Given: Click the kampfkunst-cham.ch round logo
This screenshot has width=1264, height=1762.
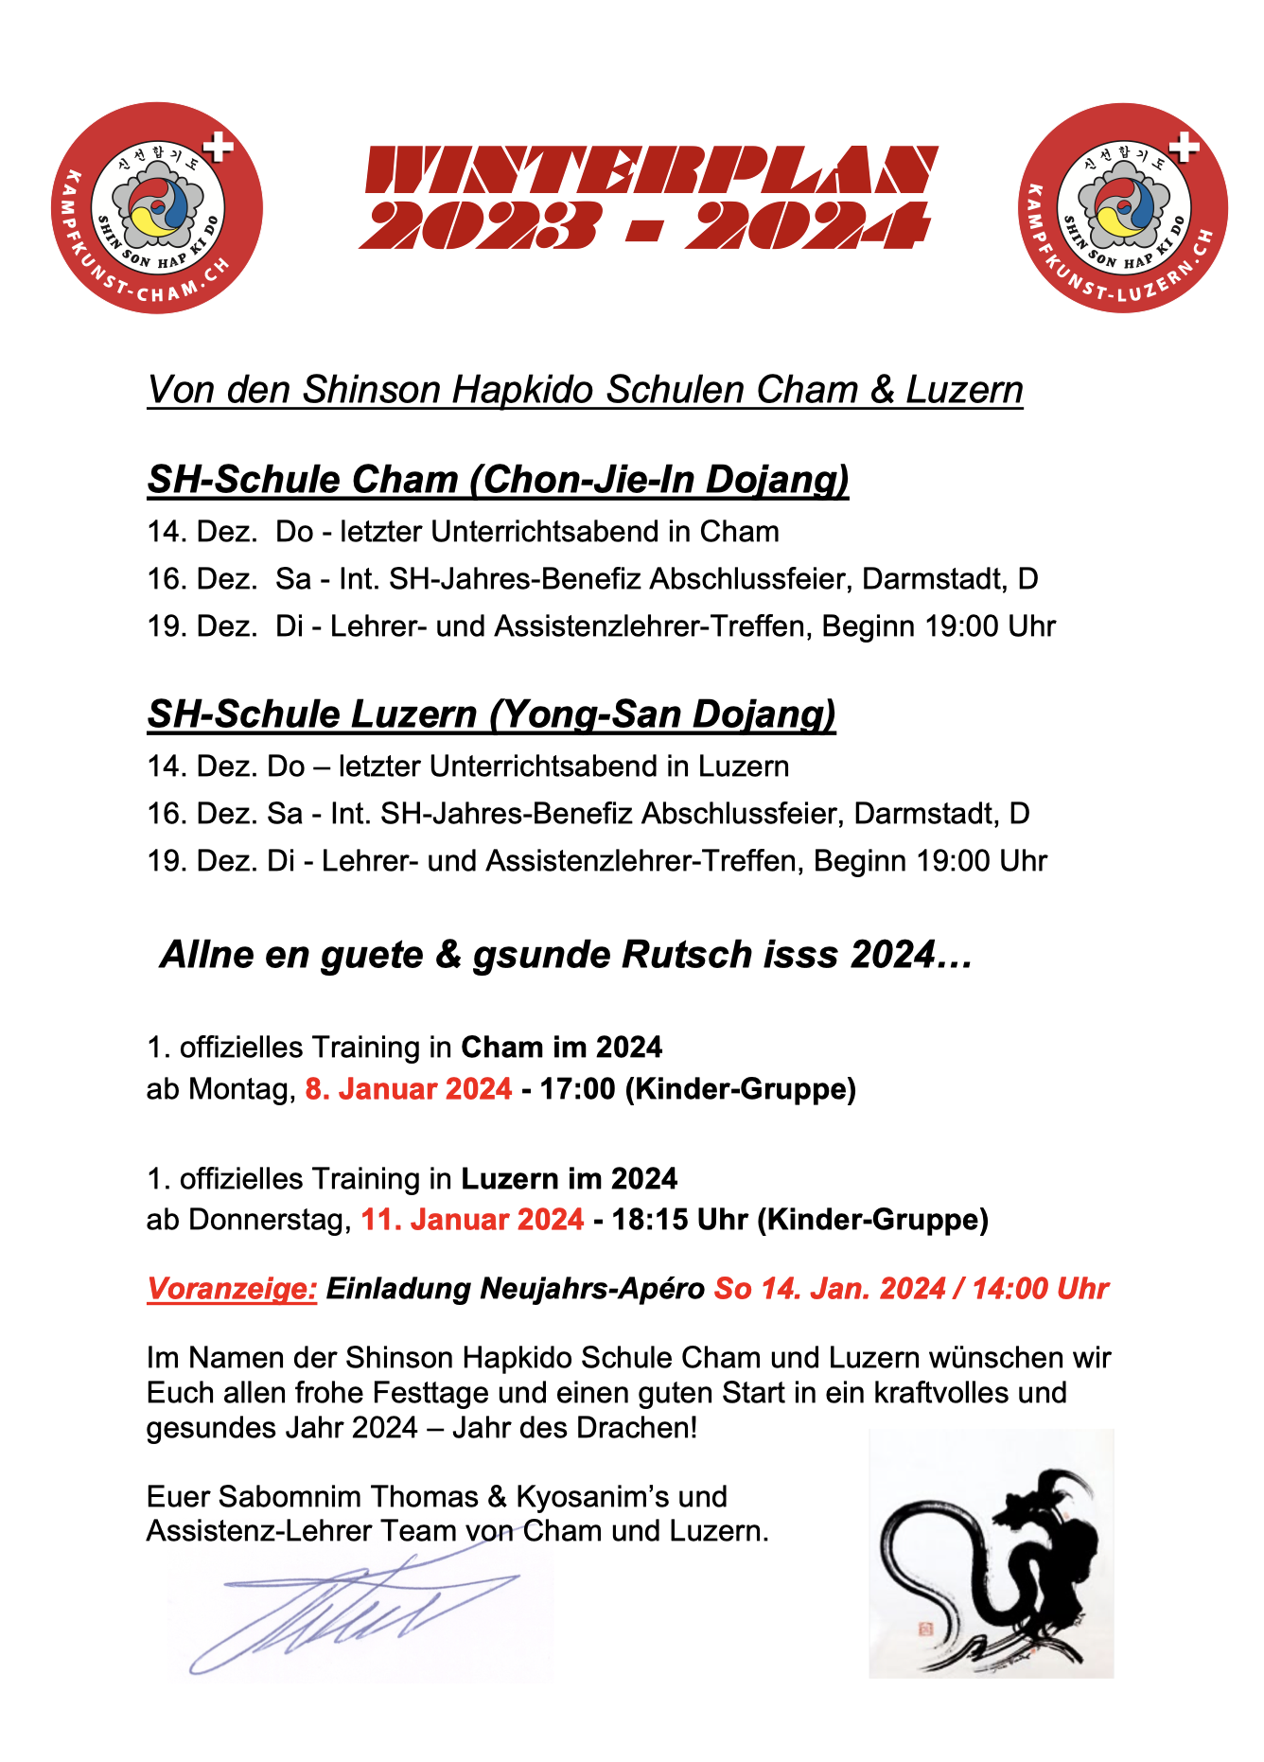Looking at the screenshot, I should click(157, 208).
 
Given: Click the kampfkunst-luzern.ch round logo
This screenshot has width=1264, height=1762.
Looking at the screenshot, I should click(1123, 208).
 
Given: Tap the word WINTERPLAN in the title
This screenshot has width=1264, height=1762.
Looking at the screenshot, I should click(651, 170).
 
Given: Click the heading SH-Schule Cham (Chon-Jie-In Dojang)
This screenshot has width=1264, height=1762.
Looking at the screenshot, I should click(498, 480).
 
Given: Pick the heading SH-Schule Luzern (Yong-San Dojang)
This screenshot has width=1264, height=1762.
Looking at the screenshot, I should click(491, 714).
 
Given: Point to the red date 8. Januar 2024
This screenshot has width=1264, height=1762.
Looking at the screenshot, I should click(408, 1089).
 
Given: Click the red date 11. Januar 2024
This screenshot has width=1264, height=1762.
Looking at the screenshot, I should click(472, 1220).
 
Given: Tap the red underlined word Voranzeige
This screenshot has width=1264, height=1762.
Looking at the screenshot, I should click(232, 1289).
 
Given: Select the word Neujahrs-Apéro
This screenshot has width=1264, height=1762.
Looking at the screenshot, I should click(593, 1289).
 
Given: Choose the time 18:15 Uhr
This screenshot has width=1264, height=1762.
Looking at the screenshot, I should click(679, 1220).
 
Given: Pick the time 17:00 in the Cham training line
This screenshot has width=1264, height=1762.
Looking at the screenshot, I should click(577, 1089).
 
